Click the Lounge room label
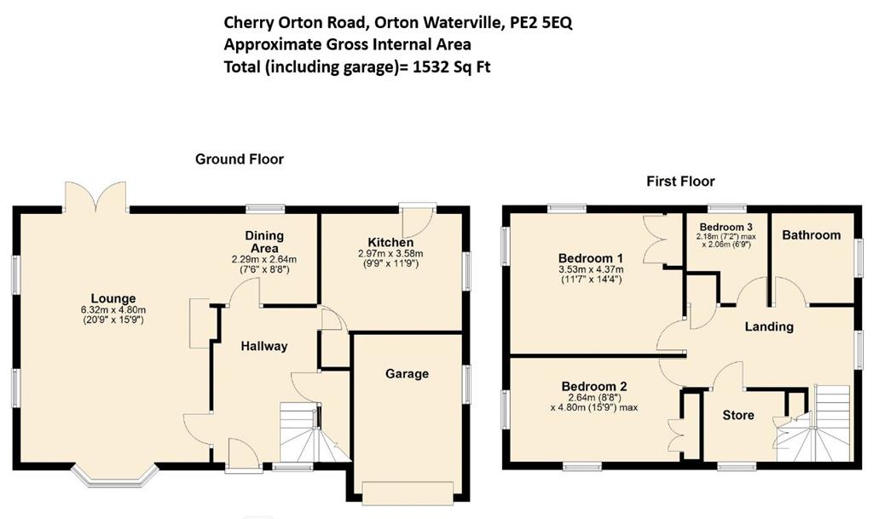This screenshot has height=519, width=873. pos(113,299)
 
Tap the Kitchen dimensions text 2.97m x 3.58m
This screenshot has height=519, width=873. pos(390,254)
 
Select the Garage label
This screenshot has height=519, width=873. pos(407,374)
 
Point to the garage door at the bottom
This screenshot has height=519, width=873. pos(407,493)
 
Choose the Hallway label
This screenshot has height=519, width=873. pos(264,347)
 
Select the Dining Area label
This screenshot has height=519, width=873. pos(264,242)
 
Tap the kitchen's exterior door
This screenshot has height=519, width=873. pos(418,220)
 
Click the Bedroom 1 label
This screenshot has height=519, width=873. pos(591,258)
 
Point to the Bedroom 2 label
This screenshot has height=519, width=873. pos(594,387)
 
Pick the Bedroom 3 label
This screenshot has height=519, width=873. pos(726,227)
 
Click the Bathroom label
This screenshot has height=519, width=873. pos(812,235)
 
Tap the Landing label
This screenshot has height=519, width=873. pos(769,326)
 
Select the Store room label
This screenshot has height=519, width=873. pos(738,415)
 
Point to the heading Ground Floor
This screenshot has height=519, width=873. pos(240,159)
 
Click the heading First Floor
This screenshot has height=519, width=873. pos(680,182)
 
